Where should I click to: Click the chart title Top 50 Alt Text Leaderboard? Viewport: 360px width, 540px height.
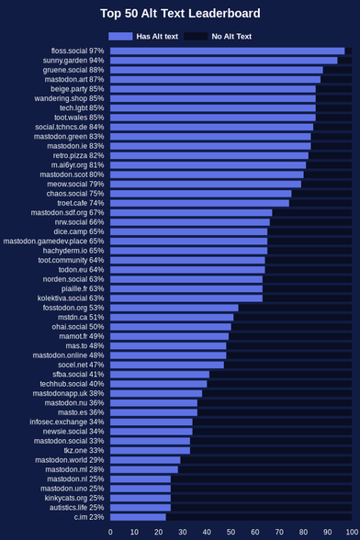(x=180, y=14)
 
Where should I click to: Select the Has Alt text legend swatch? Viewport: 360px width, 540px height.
(x=120, y=36)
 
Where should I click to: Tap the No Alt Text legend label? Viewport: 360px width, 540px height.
(x=231, y=37)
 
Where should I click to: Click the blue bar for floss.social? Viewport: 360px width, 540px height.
(x=228, y=51)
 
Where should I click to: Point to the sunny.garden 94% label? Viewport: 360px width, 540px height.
(x=73, y=61)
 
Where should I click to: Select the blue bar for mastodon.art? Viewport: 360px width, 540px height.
(x=215, y=80)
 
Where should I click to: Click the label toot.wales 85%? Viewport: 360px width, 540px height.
(x=79, y=118)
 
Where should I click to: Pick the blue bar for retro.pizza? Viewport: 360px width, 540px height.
(x=209, y=156)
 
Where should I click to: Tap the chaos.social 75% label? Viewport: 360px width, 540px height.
(x=75, y=194)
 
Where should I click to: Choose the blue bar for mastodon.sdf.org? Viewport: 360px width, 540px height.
(x=191, y=213)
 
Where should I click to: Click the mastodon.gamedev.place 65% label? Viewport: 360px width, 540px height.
(x=54, y=241)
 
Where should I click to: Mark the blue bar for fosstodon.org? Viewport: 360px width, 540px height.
(x=174, y=308)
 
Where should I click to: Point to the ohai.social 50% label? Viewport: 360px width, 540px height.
(x=78, y=327)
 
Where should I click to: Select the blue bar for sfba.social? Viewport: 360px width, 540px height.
(x=160, y=375)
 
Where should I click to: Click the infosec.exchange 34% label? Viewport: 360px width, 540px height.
(x=67, y=422)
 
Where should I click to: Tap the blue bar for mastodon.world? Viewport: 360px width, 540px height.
(x=145, y=460)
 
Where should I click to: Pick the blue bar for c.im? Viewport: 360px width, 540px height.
(x=138, y=517)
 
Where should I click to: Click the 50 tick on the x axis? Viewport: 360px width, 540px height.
(x=231, y=532)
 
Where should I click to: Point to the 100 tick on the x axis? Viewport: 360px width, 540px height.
(x=352, y=532)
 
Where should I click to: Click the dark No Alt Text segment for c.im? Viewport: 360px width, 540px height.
(x=259, y=517)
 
